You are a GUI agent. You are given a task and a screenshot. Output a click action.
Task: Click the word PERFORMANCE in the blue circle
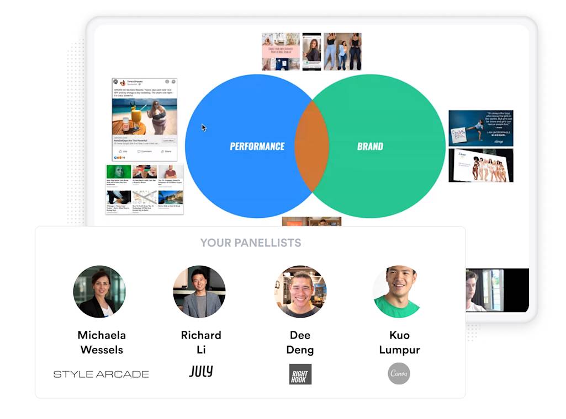pyautogui.click(x=257, y=146)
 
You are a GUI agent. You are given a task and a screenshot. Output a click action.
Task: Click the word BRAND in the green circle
pyautogui.click(x=370, y=146)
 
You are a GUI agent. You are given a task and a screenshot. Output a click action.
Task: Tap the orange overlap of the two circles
pyautogui.click(x=311, y=146)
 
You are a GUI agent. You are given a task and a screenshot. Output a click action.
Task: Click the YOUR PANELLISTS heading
pyautogui.click(x=250, y=243)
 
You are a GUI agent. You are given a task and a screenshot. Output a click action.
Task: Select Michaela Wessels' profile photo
pyautogui.click(x=99, y=292)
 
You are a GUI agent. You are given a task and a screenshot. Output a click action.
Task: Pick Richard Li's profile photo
pyautogui.click(x=199, y=292)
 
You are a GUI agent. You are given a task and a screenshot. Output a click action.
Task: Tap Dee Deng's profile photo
pyautogui.click(x=300, y=292)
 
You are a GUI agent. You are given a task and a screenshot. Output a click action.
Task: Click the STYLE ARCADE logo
pyautogui.click(x=101, y=374)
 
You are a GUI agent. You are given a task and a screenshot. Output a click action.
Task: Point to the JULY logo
pyautogui.click(x=200, y=372)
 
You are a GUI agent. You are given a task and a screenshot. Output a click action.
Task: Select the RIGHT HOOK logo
pyautogui.click(x=300, y=374)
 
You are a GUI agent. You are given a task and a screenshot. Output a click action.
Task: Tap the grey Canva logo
pyautogui.click(x=399, y=373)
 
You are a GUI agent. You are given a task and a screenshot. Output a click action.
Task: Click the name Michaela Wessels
pyautogui.click(x=101, y=342)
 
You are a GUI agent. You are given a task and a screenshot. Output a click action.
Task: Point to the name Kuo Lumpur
pyautogui.click(x=399, y=342)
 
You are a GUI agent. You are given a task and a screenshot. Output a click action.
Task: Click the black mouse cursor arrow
pyautogui.click(x=204, y=127)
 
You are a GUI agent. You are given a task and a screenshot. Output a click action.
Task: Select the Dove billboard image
pyautogui.click(x=480, y=165)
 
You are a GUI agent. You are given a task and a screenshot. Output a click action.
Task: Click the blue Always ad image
pyautogui.click(x=480, y=128)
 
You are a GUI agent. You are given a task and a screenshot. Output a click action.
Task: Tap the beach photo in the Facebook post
pyautogui.click(x=144, y=116)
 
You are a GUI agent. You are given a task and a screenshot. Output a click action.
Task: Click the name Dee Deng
pyautogui.click(x=300, y=342)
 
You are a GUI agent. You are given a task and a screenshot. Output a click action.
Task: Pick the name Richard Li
pyautogui.click(x=201, y=342)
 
